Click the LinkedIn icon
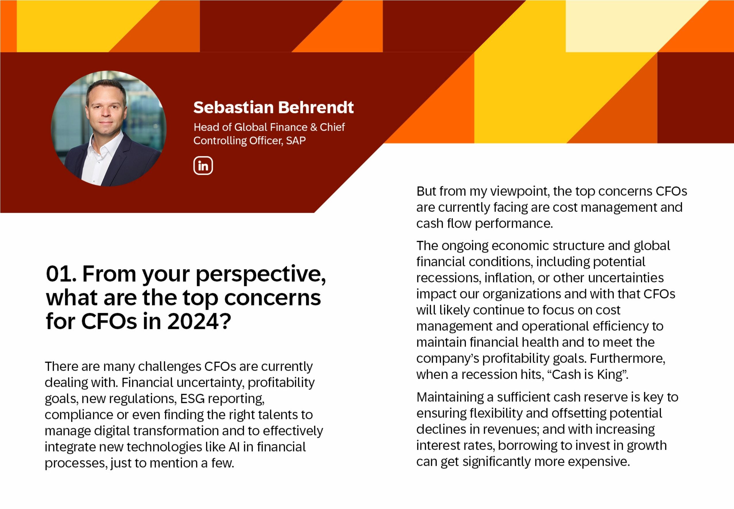(203, 166)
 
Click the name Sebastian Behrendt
(273, 107)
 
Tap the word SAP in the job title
(296, 141)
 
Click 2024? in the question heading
(199, 321)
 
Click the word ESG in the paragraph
(192, 399)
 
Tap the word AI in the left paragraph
(234, 447)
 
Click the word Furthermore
(627, 359)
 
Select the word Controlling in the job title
(220, 141)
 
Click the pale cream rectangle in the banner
(625, 26)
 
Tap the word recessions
(448, 278)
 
